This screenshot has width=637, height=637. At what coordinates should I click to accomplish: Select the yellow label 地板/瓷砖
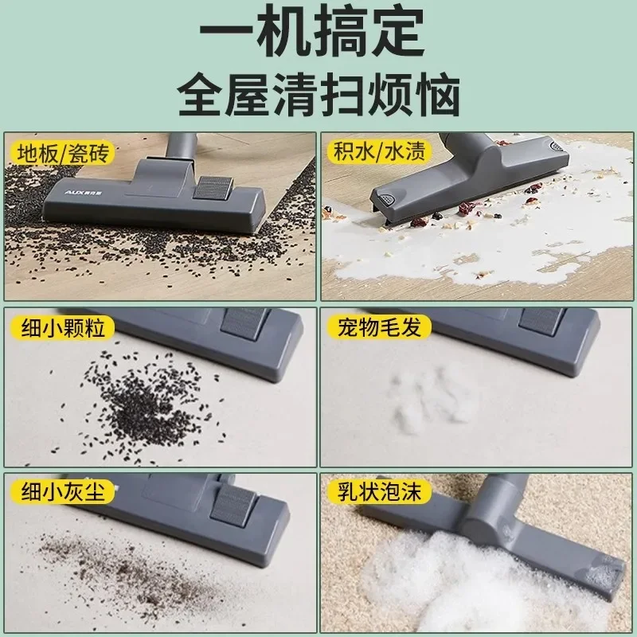pyautogui.click(x=60, y=151)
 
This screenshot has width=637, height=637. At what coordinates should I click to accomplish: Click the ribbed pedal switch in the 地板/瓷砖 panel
pyautogui.click(x=213, y=189)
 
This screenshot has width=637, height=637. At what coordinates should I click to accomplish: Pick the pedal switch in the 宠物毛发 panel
pyautogui.click(x=541, y=319)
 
